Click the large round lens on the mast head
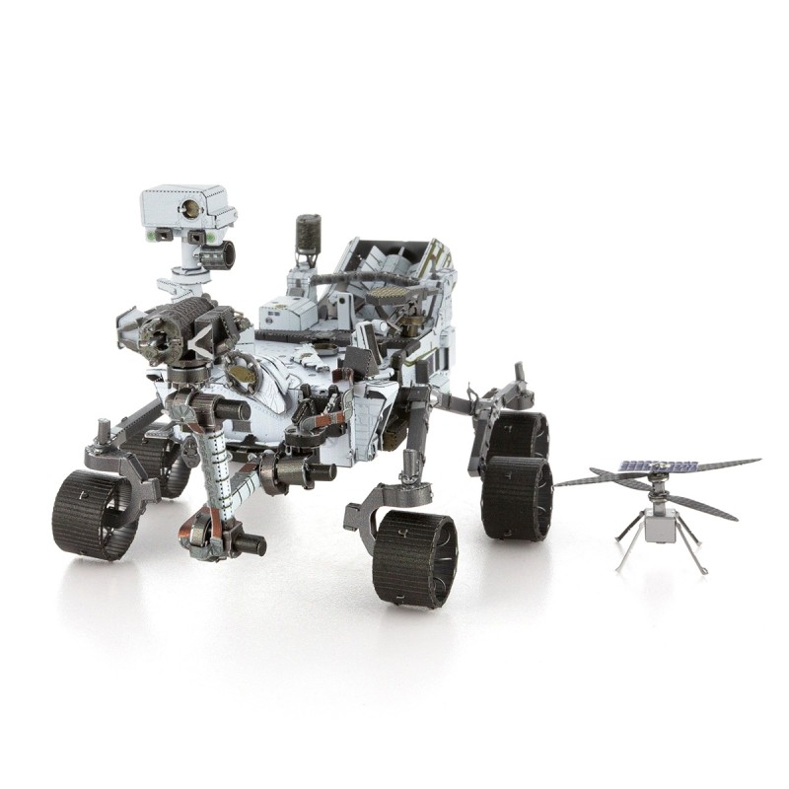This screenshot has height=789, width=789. tap(187, 208)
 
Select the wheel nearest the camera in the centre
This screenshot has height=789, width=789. tap(414, 557)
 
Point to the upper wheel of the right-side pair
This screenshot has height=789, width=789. tap(519, 434)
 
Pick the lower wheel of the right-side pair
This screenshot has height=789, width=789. tap(516, 499)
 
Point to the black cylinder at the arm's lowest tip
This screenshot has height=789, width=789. tap(251, 543)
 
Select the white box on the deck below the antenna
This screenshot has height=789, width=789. tap(287, 314)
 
